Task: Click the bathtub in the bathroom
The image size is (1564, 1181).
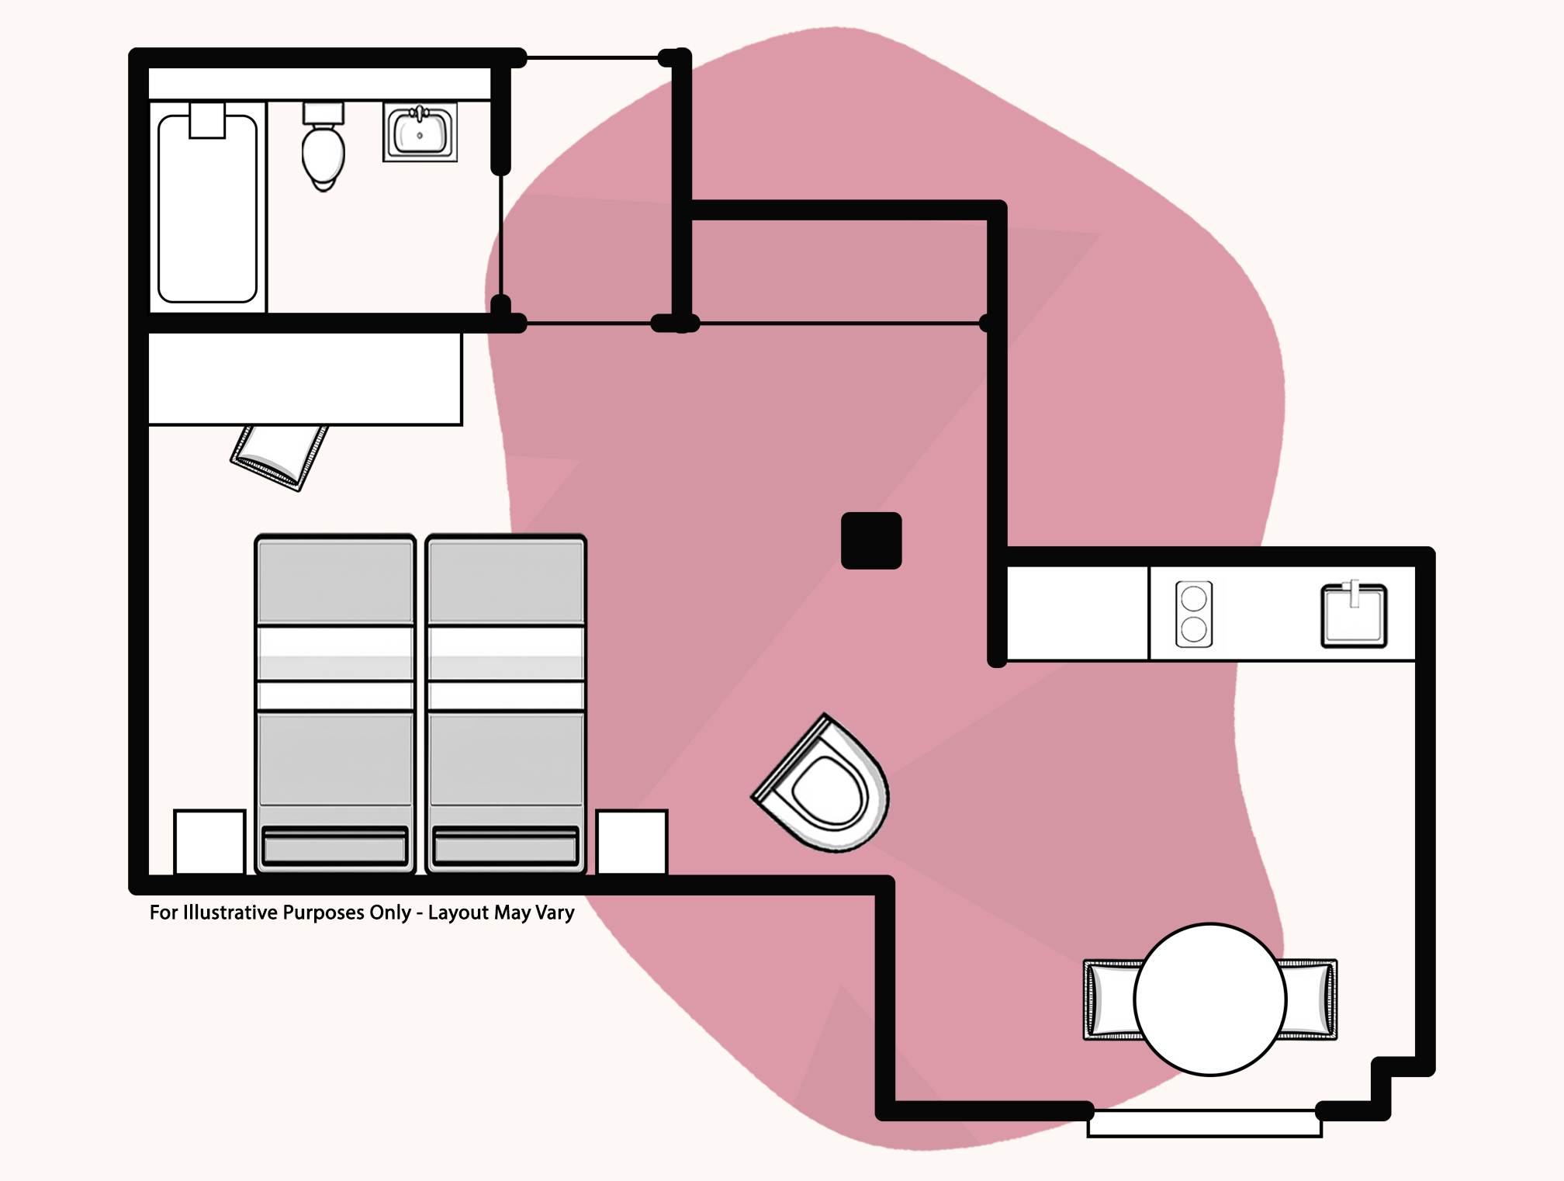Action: tap(207, 208)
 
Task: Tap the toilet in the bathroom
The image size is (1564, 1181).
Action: tap(323, 146)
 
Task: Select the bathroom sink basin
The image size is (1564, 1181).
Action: tap(420, 133)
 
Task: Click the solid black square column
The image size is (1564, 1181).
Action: tap(871, 541)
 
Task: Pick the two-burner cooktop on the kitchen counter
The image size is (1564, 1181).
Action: tap(1194, 614)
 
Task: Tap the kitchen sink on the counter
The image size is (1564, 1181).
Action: tap(1354, 615)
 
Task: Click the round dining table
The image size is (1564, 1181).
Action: tap(1210, 999)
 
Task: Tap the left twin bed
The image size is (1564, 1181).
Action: tap(335, 704)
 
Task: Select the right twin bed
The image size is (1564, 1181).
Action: tap(506, 704)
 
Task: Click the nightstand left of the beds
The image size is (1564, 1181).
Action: tap(209, 842)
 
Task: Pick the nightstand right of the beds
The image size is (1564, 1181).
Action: tap(631, 842)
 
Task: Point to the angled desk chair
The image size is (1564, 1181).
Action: tap(279, 457)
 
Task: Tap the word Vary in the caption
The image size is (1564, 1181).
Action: tap(555, 913)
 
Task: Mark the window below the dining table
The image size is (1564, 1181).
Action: tap(1204, 1124)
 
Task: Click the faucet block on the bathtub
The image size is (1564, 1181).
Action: tap(207, 120)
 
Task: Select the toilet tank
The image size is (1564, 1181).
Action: tap(324, 113)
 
